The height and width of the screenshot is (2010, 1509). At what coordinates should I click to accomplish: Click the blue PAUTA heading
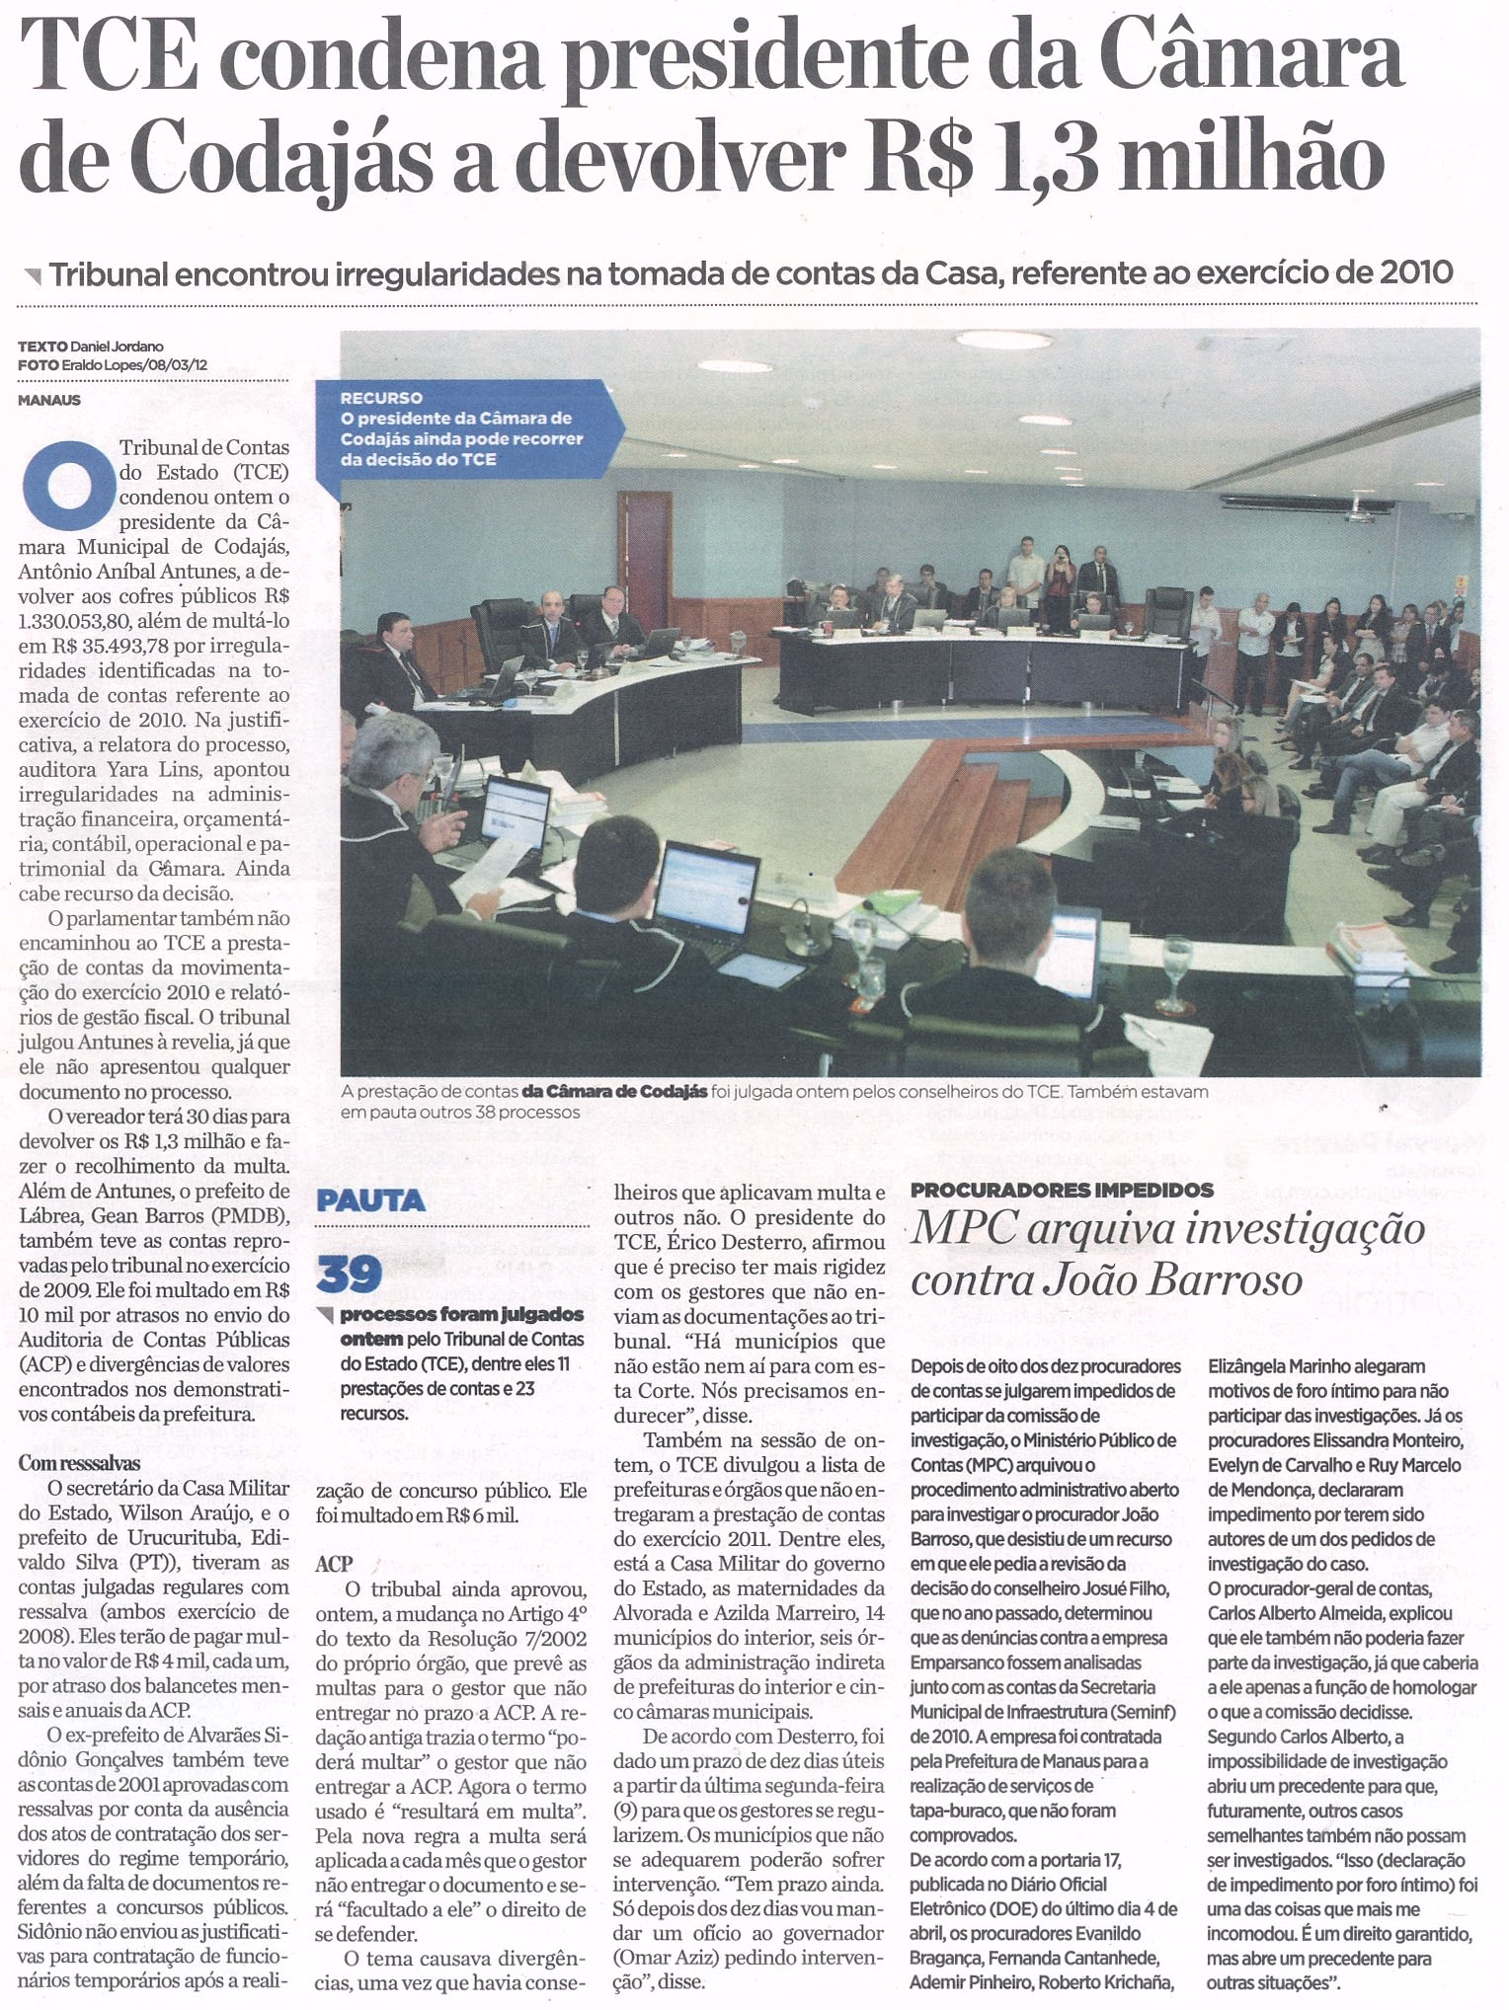(370, 1200)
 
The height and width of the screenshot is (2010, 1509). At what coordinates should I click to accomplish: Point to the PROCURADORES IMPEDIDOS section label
(1062, 1190)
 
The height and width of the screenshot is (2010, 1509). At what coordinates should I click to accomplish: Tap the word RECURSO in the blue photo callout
(381, 398)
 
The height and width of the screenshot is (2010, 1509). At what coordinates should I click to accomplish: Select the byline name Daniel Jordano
(117, 347)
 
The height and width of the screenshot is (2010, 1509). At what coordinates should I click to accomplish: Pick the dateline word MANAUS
(49, 400)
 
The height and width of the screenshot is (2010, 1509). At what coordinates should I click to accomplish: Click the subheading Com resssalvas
(79, 1462)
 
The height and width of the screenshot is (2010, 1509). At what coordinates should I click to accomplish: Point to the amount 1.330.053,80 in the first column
(89, 621)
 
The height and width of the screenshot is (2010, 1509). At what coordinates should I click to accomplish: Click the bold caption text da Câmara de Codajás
(614, 1092)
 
